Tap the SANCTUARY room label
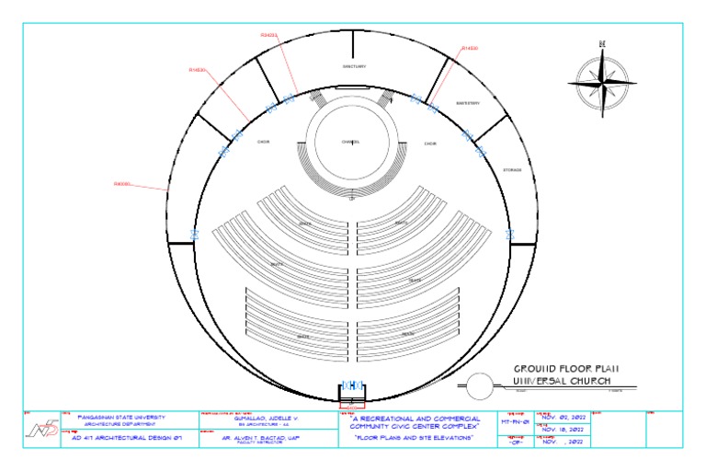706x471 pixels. [x=354, y=66]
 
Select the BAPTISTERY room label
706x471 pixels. [x=468, y=103]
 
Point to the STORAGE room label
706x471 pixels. [x=513, y=170]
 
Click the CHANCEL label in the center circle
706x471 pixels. [x=350, y=142]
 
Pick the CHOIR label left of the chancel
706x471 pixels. [x=263, y=142]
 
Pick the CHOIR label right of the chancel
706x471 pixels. [x=430, y=144]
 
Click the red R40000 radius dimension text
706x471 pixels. [x=122, y=184]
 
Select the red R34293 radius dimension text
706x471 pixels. [x=268, y=35]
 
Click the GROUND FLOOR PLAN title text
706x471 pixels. [x=565, y=368]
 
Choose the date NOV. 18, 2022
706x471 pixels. [x=564, y=429]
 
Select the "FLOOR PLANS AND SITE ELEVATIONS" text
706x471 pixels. [x=415, y=439]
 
